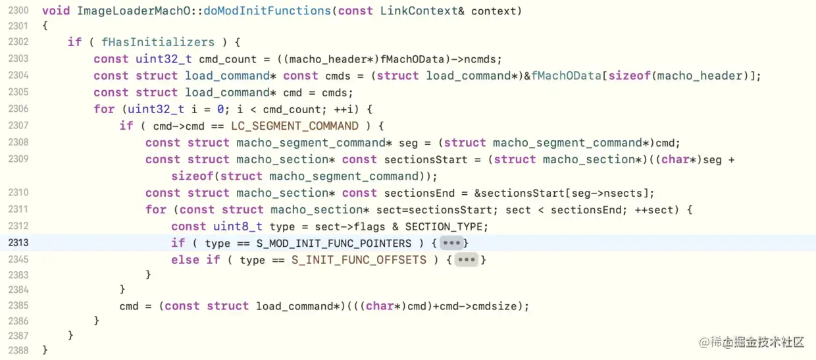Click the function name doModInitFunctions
point(267,11)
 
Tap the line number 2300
point(18,11)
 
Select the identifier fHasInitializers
point(158,42)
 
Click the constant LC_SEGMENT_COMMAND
point(295,126)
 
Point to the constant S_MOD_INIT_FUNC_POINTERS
point(334,243)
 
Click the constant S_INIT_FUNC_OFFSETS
point(359,260)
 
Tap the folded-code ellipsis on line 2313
point(451,243)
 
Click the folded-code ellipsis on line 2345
point(466,260)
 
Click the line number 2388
point(18,350)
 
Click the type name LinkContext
point(418,11)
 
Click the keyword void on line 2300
point(55,11)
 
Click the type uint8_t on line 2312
point(238,226)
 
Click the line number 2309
point(18,159)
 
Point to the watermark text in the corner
point(752,342)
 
